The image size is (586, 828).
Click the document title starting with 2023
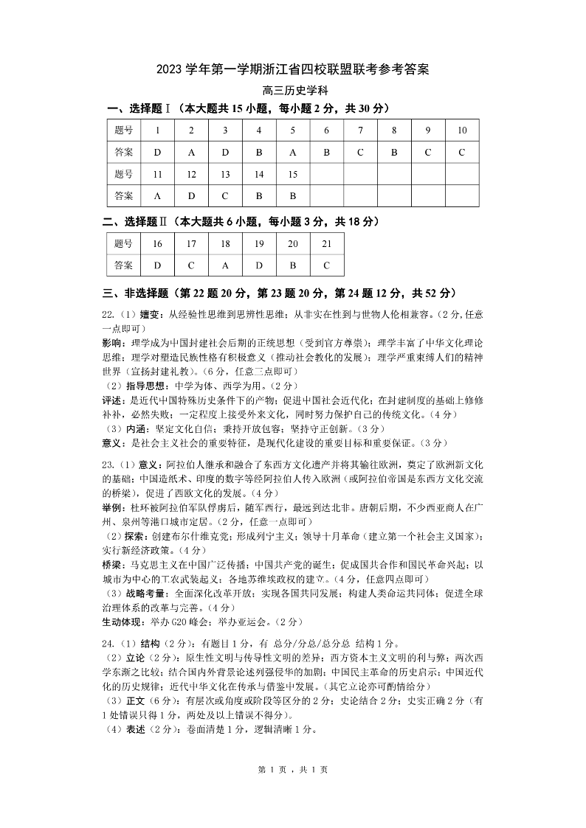[293, 70]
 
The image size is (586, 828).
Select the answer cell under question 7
[360, 152]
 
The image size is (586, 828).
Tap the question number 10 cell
[462, 131]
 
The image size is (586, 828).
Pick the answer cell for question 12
[191, 195]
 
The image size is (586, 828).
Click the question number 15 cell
[292, 174]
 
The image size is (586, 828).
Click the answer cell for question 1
[157, 152]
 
